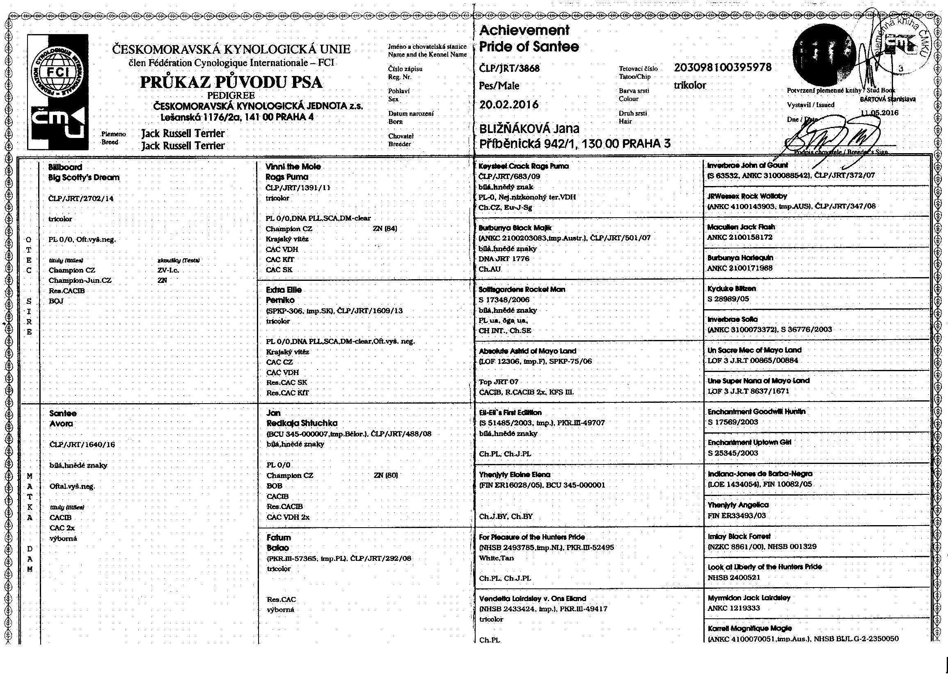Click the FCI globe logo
point(58,74)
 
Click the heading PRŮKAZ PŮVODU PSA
point(231,82)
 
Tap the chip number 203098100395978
point(723,67)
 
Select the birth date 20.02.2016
point(509,105)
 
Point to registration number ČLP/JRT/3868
point(509,68)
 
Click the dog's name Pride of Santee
point(529,46)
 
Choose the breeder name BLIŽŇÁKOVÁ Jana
point(529,129)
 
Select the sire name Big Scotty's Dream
point(84,177)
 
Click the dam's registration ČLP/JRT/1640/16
point(82,445)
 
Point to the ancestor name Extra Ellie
point(284,290)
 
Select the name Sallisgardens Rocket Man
point(522,289)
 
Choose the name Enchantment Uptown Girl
point(749,442)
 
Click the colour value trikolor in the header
point(689,86)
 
